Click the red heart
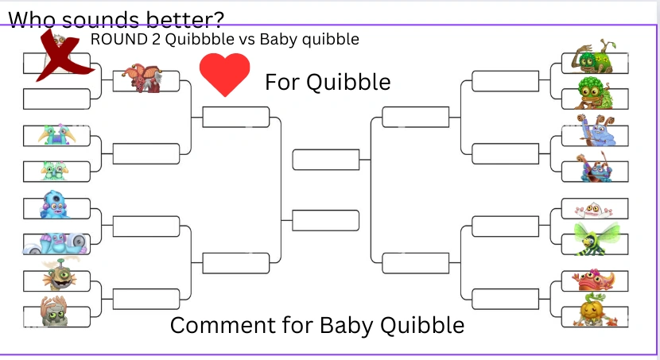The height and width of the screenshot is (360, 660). [x=224, y=74]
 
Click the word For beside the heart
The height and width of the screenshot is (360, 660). [x=281, y=82]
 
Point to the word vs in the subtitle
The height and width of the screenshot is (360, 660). [x=247, y=38]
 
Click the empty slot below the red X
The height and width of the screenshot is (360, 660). [x=56, y=99]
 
